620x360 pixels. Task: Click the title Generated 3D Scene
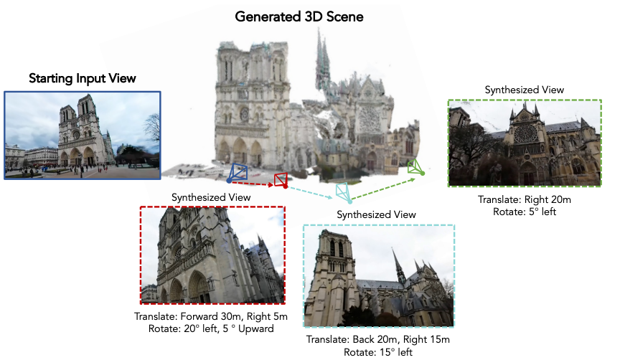[299, 16]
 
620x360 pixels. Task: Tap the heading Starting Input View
[83, 78]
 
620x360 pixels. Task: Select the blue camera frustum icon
[238, 173]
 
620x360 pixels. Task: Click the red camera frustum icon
[281, 180]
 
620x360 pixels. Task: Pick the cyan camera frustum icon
[343, 192]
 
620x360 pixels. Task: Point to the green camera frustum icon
[415, 167]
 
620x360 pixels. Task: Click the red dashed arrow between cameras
[252, 184]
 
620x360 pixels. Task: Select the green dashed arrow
[383, 189]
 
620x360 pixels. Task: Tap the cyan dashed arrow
[311, 193]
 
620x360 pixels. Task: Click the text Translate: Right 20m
[525, 199]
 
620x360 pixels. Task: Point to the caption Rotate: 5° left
[525, 212]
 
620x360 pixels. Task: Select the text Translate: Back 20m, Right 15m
[378, 339]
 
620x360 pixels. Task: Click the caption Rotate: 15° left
[378, 352]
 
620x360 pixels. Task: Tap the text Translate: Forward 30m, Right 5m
[211, 316]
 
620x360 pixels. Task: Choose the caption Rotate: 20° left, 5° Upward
[211, 328]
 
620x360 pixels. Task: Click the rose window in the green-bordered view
[525, 134]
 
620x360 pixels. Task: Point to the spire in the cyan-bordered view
[398, 265]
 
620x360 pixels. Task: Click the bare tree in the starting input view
[152, 128]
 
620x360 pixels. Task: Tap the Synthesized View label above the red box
[211, 198]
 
